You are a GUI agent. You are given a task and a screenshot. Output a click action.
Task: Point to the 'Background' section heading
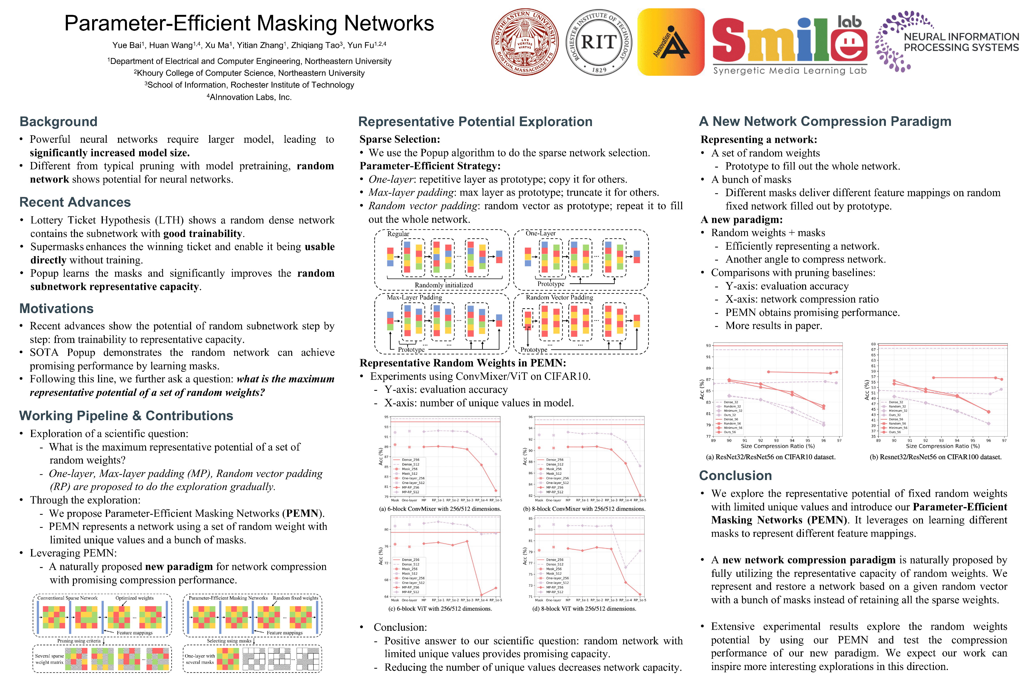click(x=58, y=122)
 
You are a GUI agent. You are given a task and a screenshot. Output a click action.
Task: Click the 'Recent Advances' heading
click(x=75, y=202)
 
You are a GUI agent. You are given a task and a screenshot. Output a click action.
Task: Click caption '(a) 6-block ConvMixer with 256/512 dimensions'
click(x=440, y=509)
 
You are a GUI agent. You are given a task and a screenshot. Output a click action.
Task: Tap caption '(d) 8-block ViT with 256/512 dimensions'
click(x=584, y=608)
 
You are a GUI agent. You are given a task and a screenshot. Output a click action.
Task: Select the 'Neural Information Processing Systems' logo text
click(x=961, y=42)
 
